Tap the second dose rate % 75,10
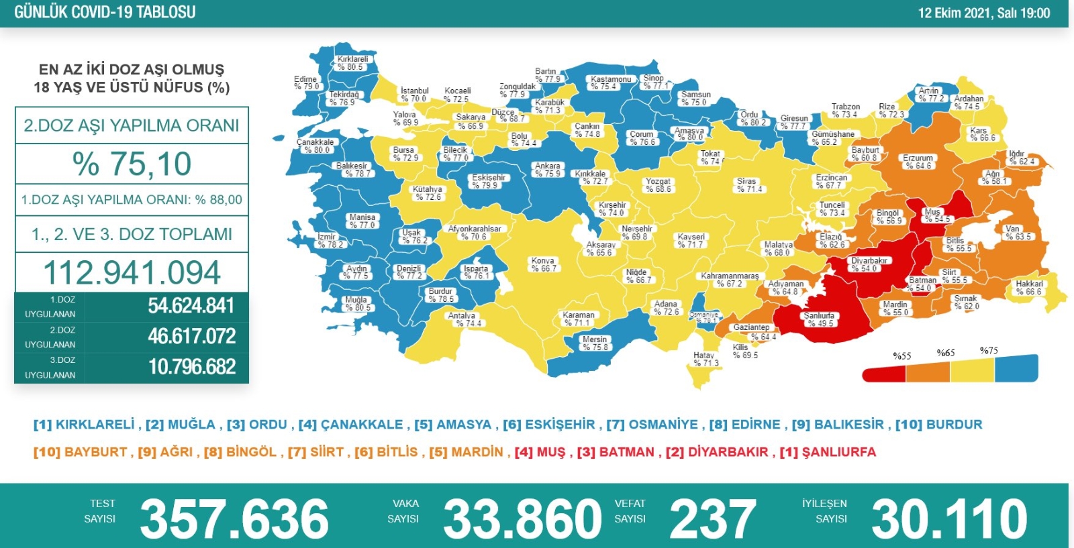click(x=132, y=164)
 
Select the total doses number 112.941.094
click(x=132, y=272)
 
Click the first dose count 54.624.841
click(x=191, y=306)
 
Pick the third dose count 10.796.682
click(x=191, y=367)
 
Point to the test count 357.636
click(x=234, y=518)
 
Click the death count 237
click(x=712, y=518)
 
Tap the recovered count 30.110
click(x=949, y=518)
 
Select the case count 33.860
click(x=522, y=518)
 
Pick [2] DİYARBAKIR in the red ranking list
click(x=716, y=452)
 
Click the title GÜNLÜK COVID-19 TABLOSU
click(x=105, y=12)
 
